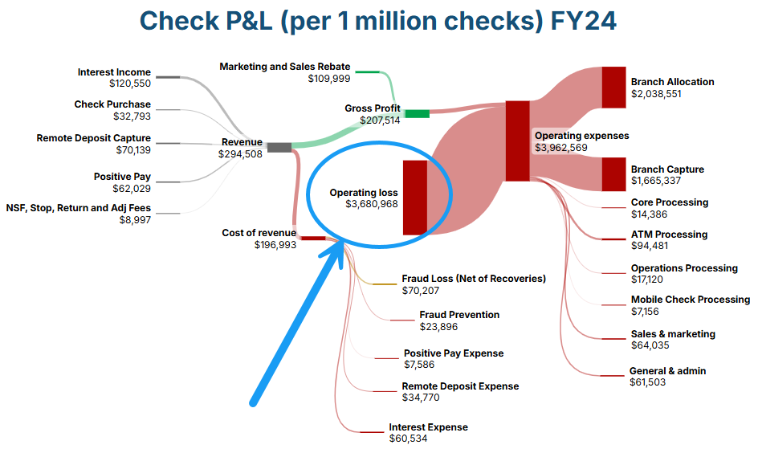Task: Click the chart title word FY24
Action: click(x=583, y=21)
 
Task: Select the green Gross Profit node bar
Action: click(x=417, y=114)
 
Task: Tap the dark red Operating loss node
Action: click(x=414, y=197)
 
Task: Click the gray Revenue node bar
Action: click(x=279, y=147)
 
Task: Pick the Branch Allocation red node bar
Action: click(x=613, y=87)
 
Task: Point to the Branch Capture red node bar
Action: click(x=613, y=174)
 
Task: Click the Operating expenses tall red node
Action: click(x=517, y=141)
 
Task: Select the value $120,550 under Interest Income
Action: click(x=130, y=84)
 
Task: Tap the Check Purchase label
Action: click(x=112, y=104)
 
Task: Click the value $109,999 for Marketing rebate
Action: click(x=329, y=78)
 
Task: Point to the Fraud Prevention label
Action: click(x=459, y=315)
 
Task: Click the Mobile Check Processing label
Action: click(x=691, y=300)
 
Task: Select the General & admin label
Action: click(x=668, y=371)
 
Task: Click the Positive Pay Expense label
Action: click(x=454, y=353)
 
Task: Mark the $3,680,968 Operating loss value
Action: click(x=372, y=205)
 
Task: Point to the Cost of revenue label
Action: click(x=259, y=233)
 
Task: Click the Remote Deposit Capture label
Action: click(x=94, y=138)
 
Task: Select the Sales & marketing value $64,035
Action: click(x=650, y=345)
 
